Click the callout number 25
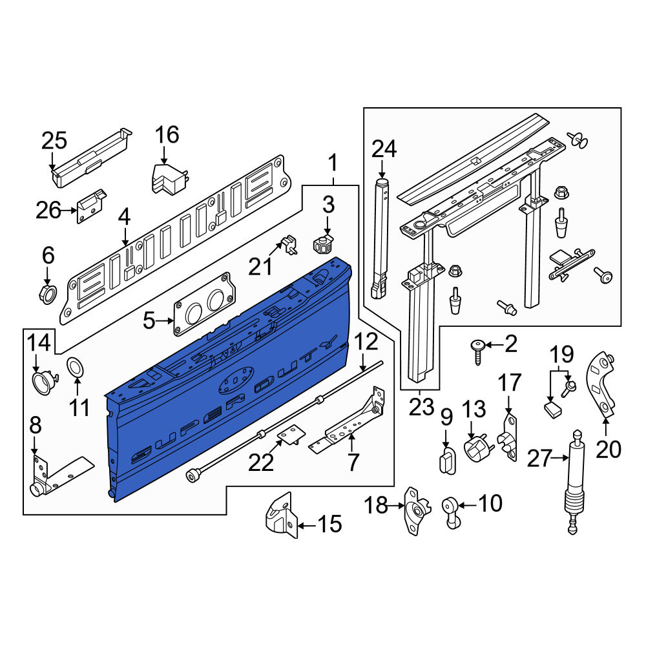(x=54, y=141)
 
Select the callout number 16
(x=167, y=135)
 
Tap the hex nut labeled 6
(x=48, y=293)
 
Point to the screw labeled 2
(x=478, y=352)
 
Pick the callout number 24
(x=384, y=149)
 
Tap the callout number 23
(x=422, y=407)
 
